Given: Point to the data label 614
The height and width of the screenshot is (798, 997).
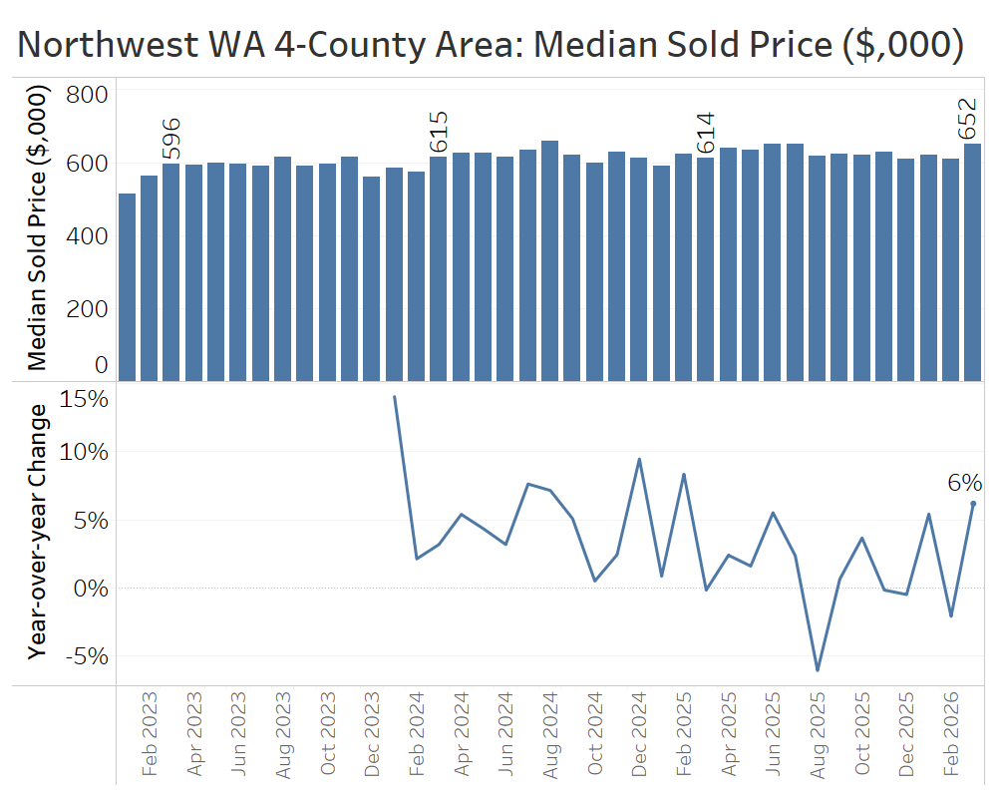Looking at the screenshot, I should click(706, 134).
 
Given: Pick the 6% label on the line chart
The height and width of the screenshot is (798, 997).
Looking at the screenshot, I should click(965, 484).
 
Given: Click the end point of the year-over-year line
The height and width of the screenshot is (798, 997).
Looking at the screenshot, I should click(973, 504).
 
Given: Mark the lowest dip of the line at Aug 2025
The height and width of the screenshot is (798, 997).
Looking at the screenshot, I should click(818, 670).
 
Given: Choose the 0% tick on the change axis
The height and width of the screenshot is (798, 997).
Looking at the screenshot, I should click(90, 588).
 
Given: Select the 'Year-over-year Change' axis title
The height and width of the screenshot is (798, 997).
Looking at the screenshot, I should click(38, 531).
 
